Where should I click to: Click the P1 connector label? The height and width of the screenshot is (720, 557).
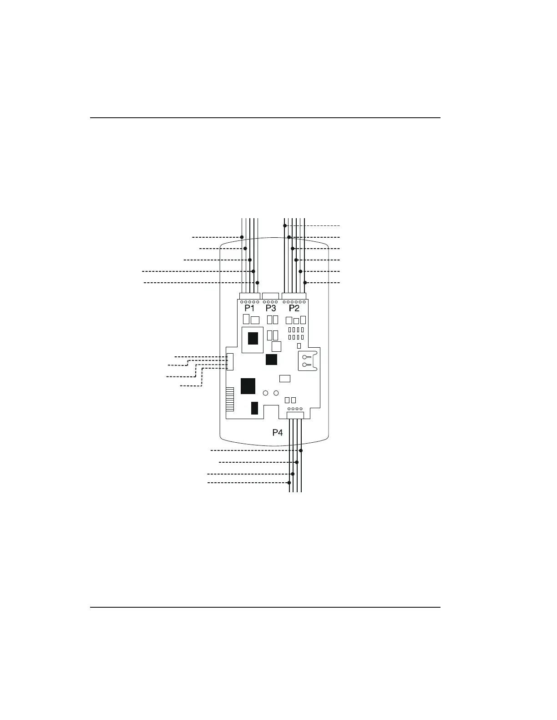(x=249, y=309)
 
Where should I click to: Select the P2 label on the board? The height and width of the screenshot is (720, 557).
(x=294, y=309)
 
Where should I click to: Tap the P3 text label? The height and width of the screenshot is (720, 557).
(x=271, y=309)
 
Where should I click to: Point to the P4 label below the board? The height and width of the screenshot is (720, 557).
(x=278, y=432)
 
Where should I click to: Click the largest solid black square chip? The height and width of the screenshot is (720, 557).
(x=248, y=386)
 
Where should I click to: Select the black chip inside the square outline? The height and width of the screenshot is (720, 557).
(x=253, y=338)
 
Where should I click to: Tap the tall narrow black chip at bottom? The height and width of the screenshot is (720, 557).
(x=254, y=408)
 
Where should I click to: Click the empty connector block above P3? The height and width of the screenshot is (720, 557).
(x=271, y=296)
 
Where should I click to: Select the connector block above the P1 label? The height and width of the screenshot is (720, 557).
(x=249, y=296)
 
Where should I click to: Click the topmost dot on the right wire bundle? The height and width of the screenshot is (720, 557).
(x=285, y=225)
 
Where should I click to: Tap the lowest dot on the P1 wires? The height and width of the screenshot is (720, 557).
(x=257, y=283)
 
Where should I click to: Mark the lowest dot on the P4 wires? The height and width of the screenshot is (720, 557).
(x=289, y=482)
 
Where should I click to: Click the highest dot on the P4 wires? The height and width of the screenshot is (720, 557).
(x=301, y=450)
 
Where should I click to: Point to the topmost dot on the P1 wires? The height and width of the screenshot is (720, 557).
(x=242, y=237)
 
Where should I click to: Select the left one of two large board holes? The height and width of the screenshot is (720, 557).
(x=265, y=393)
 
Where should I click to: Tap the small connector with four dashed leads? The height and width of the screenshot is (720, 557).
(x=230, y=362)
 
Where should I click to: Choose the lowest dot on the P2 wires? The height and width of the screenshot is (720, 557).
(x=305, y=283)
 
